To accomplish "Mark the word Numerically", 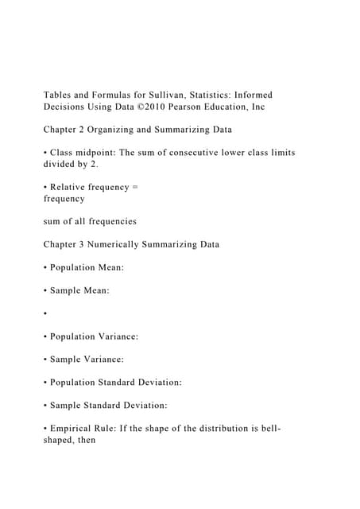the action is (x=124, y=244).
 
